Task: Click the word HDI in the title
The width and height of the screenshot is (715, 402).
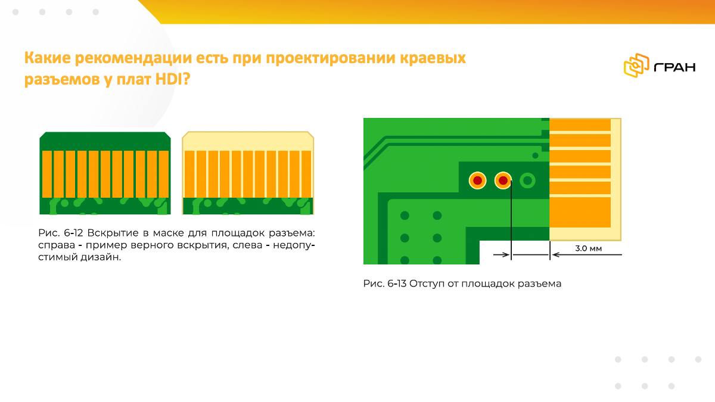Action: tap(169, 79)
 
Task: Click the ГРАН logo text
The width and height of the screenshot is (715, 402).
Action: tap(674, 67)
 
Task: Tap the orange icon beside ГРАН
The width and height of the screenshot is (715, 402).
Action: tap(636, 66)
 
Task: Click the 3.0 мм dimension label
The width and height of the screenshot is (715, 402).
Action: tap(588, 248)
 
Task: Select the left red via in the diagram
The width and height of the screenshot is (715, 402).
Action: tap(477, 180)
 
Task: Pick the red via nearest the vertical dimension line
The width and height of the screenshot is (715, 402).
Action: tap(503, 180)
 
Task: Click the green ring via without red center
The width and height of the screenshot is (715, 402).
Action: tap(527, 180)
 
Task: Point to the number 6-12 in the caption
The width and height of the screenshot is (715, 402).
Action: tap(73, 233)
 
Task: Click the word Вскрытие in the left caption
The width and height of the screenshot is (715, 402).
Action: tap(113, 233)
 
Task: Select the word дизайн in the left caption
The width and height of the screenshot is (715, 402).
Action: tap(99, 257)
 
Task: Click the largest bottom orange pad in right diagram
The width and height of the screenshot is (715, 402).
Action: tap(580, 212)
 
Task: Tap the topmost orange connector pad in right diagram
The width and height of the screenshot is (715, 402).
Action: tap(580, 124)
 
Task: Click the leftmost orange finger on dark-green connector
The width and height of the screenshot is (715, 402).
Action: tap(47, 174)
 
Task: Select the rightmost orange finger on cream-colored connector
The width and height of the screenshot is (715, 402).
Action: tap(306, 174)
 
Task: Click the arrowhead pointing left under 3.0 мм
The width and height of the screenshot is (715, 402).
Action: tap(556, 255)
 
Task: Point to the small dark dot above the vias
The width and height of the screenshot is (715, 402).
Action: tap(535, 155)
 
